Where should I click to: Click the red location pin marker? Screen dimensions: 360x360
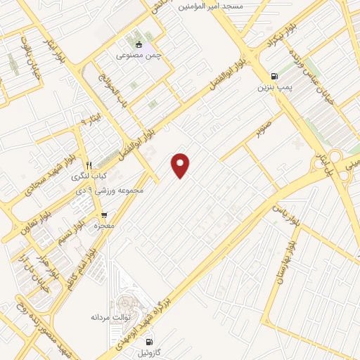(x=181, y=165)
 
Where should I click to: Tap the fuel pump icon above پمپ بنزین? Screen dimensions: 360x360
(x=273, y=76)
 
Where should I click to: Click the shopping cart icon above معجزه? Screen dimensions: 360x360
(x=104, y=215)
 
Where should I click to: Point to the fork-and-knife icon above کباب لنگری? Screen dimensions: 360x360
(x=89, y=165)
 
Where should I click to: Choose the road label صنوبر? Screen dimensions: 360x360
(x=262, y=131)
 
